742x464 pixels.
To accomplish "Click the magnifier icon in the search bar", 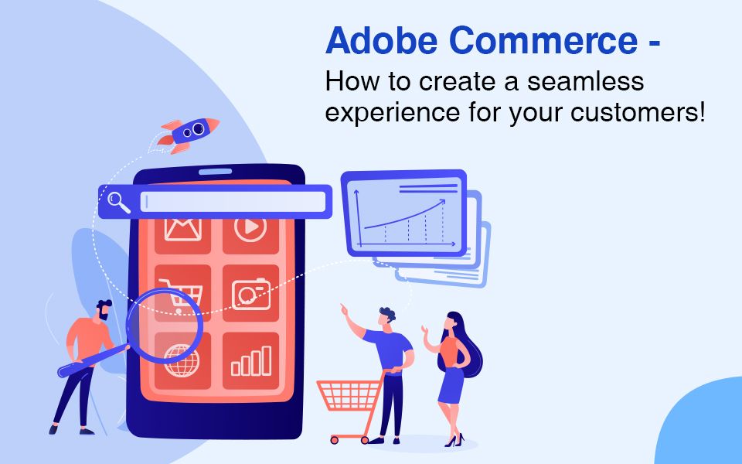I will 118,202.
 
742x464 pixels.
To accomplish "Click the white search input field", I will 233,202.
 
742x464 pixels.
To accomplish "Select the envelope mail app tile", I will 182,230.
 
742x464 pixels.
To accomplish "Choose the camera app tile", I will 250,293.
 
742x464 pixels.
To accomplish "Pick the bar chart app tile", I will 250,360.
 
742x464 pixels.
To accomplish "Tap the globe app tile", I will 183,360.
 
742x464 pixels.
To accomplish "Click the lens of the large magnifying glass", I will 165,323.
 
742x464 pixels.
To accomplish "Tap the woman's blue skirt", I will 451,384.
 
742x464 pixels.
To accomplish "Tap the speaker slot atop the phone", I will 215,172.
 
